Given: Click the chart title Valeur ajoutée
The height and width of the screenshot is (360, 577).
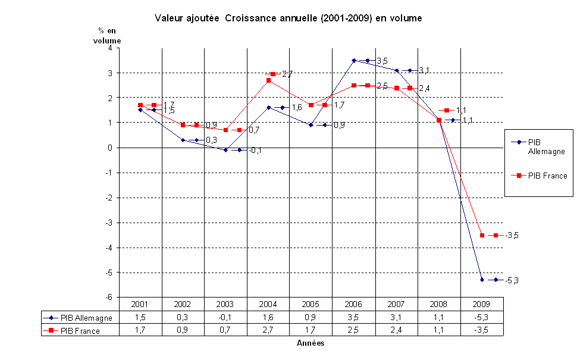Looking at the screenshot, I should [x=288, y=18].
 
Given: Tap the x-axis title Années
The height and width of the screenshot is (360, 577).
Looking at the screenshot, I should [x=311, y=343].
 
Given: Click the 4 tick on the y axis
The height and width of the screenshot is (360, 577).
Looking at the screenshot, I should [x=109, y=48].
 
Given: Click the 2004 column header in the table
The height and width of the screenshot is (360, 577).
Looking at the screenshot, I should [x=268, y=304].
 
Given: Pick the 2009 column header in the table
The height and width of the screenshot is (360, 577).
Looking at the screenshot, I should [x=481, y=304].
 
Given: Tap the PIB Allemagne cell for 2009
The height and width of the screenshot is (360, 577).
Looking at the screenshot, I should [x=481, y=318].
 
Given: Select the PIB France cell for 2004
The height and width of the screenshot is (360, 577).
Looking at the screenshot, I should [x=268, y=331].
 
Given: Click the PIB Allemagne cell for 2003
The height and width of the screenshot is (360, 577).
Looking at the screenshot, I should [x=225, y=318].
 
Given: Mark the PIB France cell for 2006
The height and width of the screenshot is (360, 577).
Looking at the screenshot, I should [x=353, y=331].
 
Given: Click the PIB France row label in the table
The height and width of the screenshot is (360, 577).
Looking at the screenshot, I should [x=80, y=331].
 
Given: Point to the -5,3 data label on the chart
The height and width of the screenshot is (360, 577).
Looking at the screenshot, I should [x=512, y=280].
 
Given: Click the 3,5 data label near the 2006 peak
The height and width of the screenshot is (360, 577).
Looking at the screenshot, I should [x=382, y=61].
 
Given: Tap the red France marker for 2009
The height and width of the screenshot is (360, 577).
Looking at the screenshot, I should [x=482, y=235].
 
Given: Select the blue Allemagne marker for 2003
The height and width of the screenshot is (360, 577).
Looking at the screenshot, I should [x=225, y=150].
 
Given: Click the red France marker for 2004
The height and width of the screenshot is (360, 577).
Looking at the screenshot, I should [x=268, y=80].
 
